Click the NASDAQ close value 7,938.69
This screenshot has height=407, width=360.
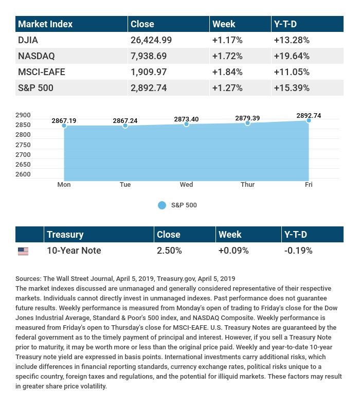[149, 56]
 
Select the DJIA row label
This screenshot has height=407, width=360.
[28, 40]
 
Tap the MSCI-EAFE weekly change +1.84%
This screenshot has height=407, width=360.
[227, 72]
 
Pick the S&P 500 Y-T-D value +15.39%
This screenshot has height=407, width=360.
[291, 87]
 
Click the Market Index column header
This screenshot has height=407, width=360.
[45, 24]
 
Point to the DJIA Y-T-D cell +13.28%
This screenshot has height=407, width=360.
[291, 40]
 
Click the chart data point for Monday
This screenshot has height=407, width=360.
[64, 126]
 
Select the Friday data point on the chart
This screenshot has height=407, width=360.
[309, 120]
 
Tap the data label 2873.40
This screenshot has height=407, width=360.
[186, 119]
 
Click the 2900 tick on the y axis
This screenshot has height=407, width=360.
[23, 115]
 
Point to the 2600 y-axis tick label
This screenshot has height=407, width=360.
[23, 174]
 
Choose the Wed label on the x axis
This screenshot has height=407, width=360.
[186, 185]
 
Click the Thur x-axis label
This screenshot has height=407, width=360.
[247, 185]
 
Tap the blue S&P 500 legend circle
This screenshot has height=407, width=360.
[162, 205]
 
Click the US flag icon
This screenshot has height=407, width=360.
[23, 251]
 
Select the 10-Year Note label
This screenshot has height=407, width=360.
[74, 251]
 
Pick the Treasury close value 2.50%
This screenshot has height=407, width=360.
[169, 251]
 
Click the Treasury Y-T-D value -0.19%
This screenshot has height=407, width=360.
[298, 251]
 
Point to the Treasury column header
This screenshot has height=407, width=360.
[65, 234]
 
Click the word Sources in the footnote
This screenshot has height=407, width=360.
[28, 278]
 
